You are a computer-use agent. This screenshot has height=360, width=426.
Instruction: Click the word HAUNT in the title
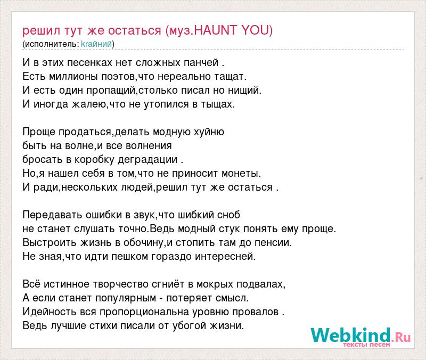pos(216,30)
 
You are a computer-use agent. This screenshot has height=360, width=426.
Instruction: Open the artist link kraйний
pos(96,44)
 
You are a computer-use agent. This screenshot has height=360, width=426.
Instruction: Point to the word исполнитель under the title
pos(52,44)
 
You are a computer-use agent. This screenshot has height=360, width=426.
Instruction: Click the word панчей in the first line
pos(201,63)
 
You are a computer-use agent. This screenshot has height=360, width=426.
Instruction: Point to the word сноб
pos(228,215)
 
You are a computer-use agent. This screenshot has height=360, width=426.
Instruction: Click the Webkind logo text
pos(361,335)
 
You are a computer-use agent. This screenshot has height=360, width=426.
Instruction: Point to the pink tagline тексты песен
pos(366,345)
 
